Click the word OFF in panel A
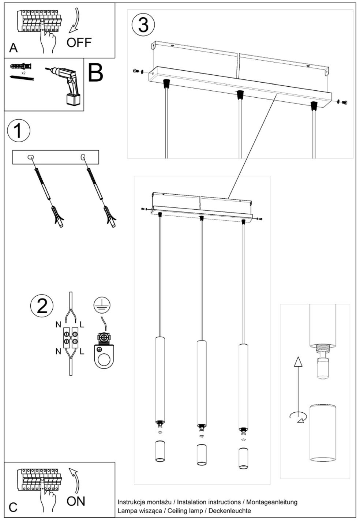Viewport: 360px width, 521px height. coord(79,42)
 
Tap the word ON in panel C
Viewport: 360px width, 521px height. coord(76,501)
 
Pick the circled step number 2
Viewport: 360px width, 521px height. coord(42,306)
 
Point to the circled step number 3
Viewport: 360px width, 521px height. coord(143,25)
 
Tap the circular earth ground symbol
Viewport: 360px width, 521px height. coord(102,305)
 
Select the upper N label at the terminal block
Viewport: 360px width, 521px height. coord(58,324)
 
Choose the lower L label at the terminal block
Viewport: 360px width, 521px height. coord(82,352)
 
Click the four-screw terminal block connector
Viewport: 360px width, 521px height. coord(71,337)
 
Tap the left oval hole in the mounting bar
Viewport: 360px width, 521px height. coord(30,157)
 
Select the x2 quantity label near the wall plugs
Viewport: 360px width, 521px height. coord(23,73)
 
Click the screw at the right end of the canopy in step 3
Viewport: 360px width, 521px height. coord(344,102)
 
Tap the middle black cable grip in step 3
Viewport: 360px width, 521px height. coord(240,94)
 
